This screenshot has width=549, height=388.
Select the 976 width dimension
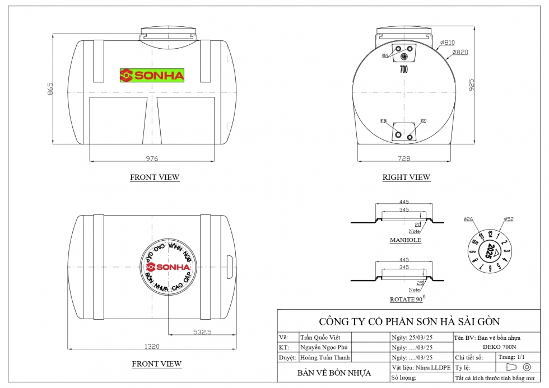pos(152,158)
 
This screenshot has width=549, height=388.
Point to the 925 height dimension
pos(472,85)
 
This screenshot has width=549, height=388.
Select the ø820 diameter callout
pos(459,52)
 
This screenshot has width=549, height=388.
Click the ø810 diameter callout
pos(448,43)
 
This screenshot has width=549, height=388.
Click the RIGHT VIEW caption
pos(406,177)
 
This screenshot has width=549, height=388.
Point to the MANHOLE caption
pos(405,240)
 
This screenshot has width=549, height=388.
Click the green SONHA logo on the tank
pos(152,76)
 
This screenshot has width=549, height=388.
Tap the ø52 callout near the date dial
pos(509,219)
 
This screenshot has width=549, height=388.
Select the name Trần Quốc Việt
pos(320,338)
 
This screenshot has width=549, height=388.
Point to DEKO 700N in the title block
pos(500,347)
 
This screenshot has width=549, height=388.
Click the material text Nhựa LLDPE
pos(430,367)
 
